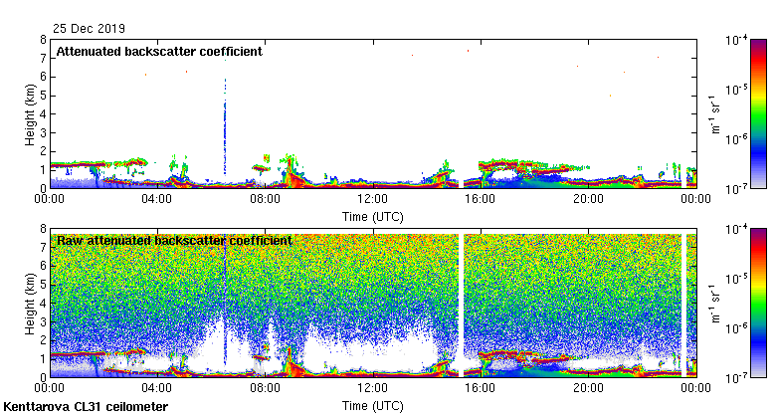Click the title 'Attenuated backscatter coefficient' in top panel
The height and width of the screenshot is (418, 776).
coord(159,51)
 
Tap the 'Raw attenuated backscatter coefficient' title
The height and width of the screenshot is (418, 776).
coord(174,240)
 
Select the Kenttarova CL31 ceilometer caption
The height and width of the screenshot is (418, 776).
coord(86,407)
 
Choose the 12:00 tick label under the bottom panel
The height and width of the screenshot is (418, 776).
coord(372,387)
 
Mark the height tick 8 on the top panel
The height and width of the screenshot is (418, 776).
coord(42,41)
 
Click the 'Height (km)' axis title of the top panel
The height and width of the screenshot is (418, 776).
coord(31,113)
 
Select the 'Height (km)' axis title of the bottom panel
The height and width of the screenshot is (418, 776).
coord(31,303)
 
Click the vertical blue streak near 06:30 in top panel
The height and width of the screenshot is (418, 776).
coord(225,119)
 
